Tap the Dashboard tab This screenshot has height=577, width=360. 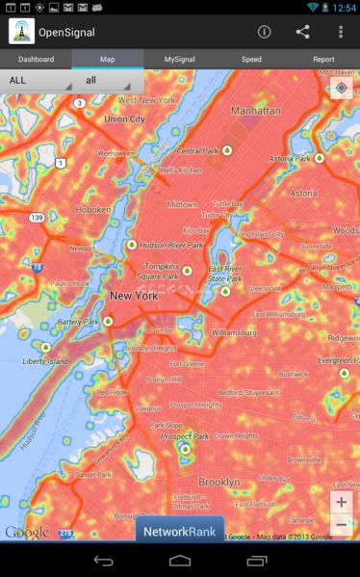(x=36, y=59)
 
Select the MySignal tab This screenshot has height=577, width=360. (x=179, y=59)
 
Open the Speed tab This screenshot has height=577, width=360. (x=251, y=59)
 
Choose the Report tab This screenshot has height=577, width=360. (x=323, y=59)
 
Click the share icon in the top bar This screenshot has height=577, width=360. (x=302, y=32)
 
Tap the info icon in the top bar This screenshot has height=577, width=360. (x=264, y=32)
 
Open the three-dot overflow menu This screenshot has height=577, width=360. (x=341, y=32)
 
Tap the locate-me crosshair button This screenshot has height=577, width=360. (x=341, y=90)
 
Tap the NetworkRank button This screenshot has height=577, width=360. (x=179, y=531)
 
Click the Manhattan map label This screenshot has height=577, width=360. (x=253, y=112)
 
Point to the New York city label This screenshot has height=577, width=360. (x=133, y=296)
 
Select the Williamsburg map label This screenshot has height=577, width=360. (x=234, y=331)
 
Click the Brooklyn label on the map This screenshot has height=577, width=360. (x=219, y=481)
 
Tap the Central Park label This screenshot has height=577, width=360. (x=197, y=151)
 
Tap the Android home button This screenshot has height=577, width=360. (x=180, y=561)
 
